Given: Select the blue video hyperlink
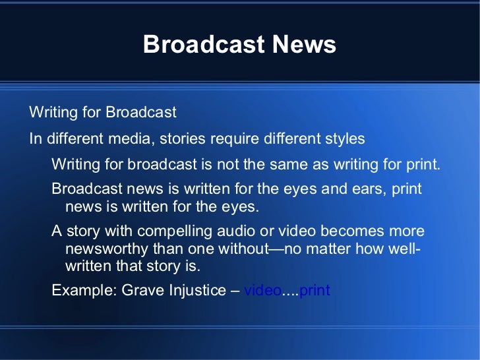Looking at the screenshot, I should click(262, 290).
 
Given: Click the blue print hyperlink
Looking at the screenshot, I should click(315, 290).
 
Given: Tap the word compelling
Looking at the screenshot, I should click(167, 231).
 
